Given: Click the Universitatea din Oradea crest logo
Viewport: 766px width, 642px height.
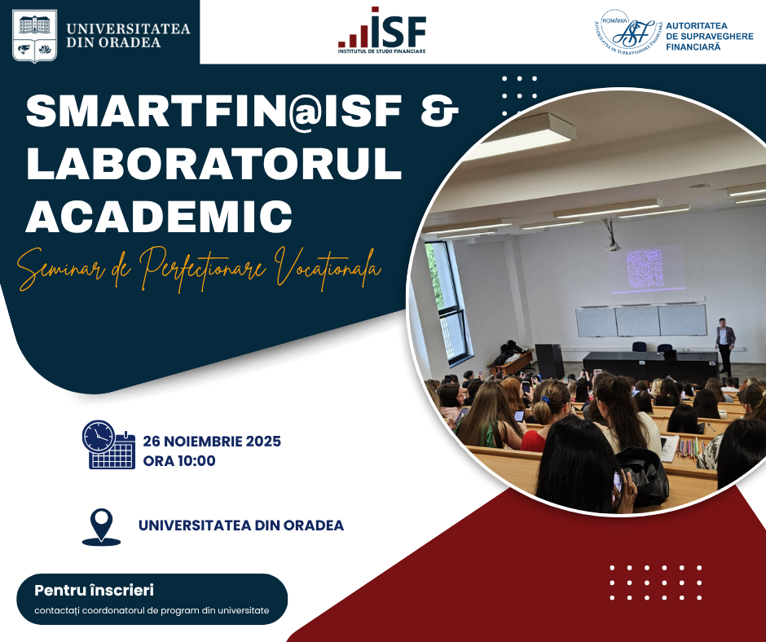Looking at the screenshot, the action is (34, 36).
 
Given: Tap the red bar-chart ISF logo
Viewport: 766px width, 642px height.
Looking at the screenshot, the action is (381, 30).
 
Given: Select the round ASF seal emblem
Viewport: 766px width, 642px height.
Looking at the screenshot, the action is (627, 31).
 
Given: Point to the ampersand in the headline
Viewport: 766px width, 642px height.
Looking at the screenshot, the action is (439, 111).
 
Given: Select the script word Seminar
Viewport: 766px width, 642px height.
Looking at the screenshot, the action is (61, 269).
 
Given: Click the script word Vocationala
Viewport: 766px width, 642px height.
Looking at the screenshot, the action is (328, 266).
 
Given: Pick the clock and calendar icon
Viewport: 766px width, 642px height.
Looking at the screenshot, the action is (108, 445).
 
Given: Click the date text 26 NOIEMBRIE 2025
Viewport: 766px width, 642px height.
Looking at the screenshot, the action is (212, 442).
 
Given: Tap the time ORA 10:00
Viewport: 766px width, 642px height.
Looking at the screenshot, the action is (179, 461).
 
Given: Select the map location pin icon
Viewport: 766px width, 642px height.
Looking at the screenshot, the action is (101, 526).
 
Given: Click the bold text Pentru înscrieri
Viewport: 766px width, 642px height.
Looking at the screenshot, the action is (94, 590).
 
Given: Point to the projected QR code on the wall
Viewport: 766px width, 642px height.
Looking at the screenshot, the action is (645, 268).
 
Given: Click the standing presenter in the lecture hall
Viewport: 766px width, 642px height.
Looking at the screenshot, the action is (725, 346).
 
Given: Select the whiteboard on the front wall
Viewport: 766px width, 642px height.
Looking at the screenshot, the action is (641, 320).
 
